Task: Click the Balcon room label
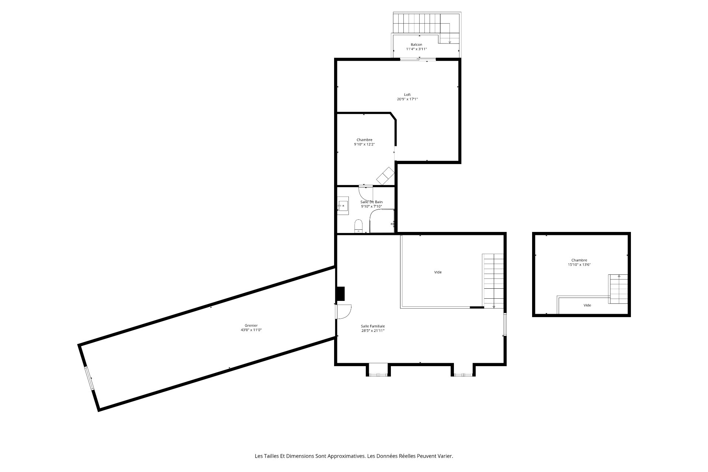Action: coord(416,45)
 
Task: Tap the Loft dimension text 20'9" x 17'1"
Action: coord(407,99)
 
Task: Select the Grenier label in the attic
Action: coord(251,326)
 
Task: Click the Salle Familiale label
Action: coord(373,326)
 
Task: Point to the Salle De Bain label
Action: coord(371,202)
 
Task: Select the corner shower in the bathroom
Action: coord(382,221)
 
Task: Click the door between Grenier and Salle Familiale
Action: coord(343,312)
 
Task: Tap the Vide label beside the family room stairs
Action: coord(438,272)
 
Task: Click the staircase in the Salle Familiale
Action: coord(493,281)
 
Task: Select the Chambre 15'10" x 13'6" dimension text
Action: coord(579,265)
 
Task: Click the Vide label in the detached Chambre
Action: coord(587,305)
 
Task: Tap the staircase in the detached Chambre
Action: coord(618,289)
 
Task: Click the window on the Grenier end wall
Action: coord(89,378)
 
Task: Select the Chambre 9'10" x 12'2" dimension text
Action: coord(364,145)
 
